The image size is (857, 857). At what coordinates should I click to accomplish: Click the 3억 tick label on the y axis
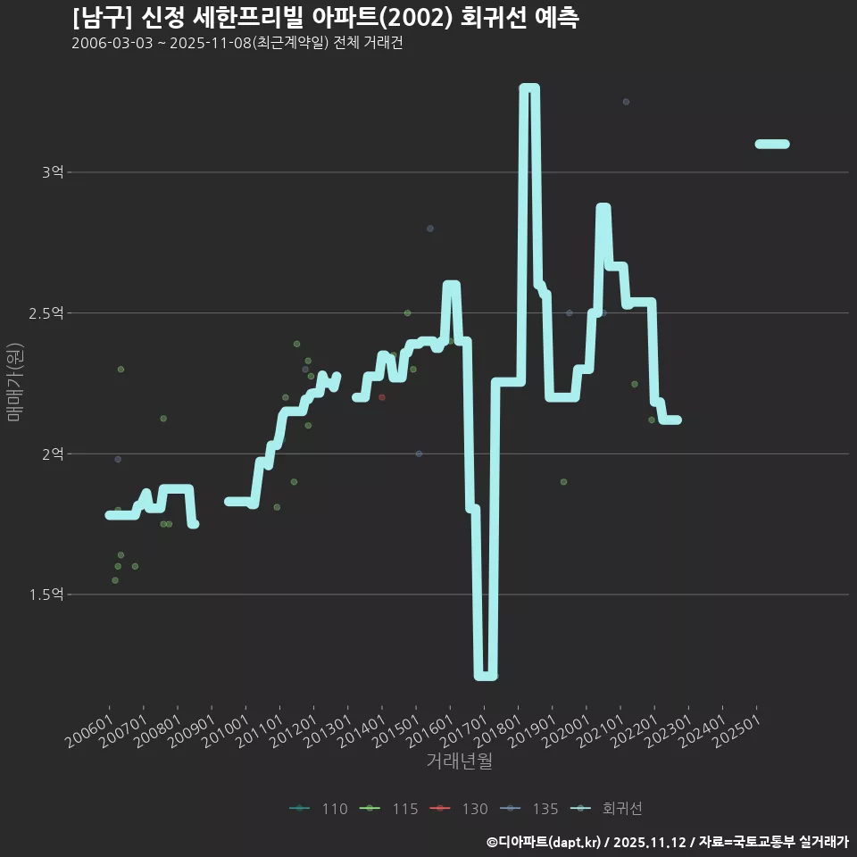point(52,172)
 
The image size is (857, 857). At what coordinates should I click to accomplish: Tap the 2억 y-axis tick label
point(52,453)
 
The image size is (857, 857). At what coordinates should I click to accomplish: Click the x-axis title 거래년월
point(459,761)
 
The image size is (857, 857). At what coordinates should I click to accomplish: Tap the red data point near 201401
point(382,397)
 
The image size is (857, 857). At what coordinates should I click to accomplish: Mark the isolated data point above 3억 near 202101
point(626,102)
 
